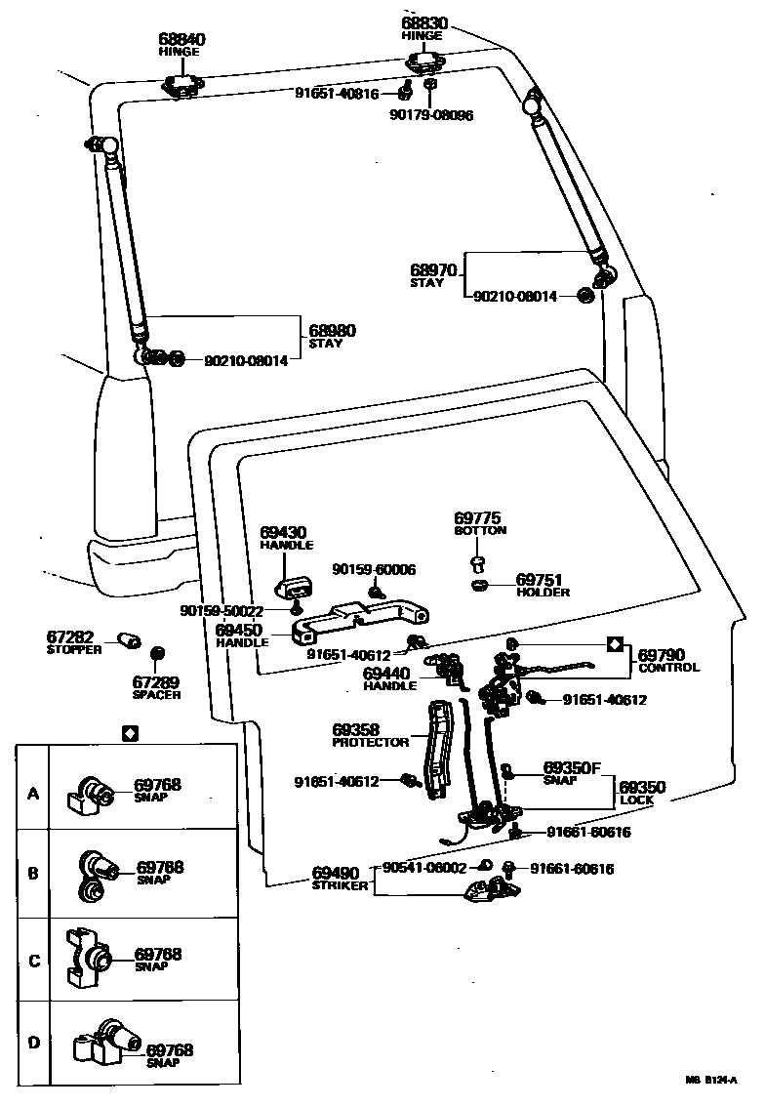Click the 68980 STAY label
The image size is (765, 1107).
coord(332,337)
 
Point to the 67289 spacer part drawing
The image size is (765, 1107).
coord(157,651)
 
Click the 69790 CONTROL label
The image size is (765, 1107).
coord(668,661)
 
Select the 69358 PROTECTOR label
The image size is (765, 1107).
coord(370,735)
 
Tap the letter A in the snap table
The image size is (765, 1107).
coord(33,794)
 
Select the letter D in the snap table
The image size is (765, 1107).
coord(33,1044)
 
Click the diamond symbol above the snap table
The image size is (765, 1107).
coord(130,732)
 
